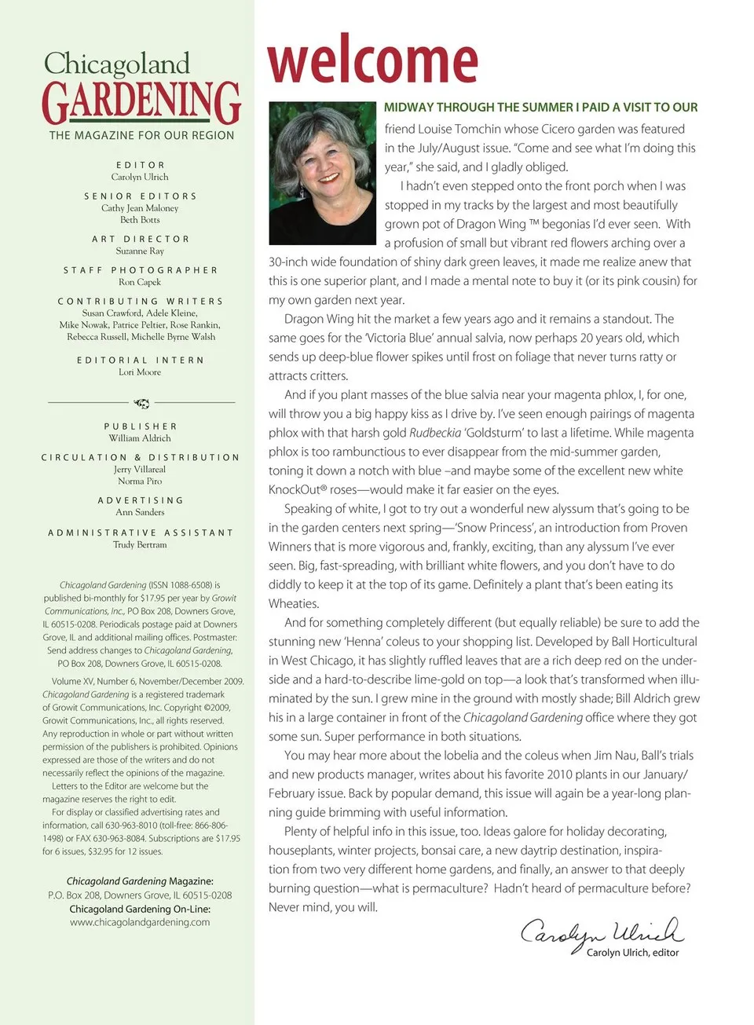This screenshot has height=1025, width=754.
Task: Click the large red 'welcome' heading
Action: [x=372, y=60]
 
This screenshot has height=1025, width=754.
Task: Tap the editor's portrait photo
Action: [x=323, y=173]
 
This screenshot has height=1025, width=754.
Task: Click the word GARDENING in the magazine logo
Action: [x=141, y=102]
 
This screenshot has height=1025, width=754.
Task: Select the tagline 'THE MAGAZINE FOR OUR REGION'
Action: [x=141, y=136]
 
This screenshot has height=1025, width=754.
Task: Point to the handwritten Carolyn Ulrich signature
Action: [x=602, y=932]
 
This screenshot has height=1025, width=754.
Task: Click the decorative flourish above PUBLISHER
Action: [x=141, y=403]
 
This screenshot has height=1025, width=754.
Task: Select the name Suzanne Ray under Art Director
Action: [x=140, y=251]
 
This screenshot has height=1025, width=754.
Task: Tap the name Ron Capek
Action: [x=140, y=282]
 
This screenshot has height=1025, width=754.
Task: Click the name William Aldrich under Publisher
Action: [x=140, y=438]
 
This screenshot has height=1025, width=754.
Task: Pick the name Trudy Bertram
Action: [x=140, y=544]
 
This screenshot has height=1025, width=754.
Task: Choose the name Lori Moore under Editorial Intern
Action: [x=140, y=372]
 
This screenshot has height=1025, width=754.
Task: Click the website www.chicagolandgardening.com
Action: [x=140, y=922]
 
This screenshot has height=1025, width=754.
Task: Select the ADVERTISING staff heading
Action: [x=141, y=500]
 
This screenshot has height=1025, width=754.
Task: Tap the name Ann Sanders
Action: [x=140, y=512]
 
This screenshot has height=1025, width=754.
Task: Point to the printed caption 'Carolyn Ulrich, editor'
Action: [x=632, y=953]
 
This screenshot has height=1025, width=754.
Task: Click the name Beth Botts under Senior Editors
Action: [x=140, y=220]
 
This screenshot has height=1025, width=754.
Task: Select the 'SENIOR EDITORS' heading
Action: [x=141, y=196]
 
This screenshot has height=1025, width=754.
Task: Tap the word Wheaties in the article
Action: [x=294, y=604]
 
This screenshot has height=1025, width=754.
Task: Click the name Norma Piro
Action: [x=140, y=481]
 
